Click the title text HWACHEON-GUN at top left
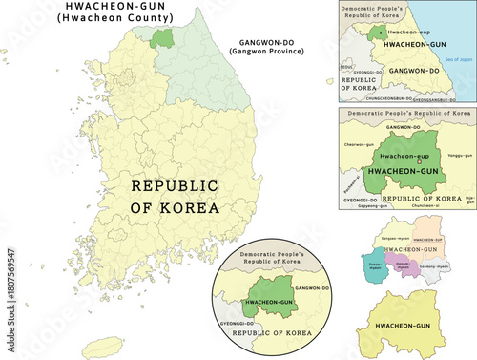click(107, 8)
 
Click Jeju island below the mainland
click(99, 346)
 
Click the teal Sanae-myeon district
click(372, 265)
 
